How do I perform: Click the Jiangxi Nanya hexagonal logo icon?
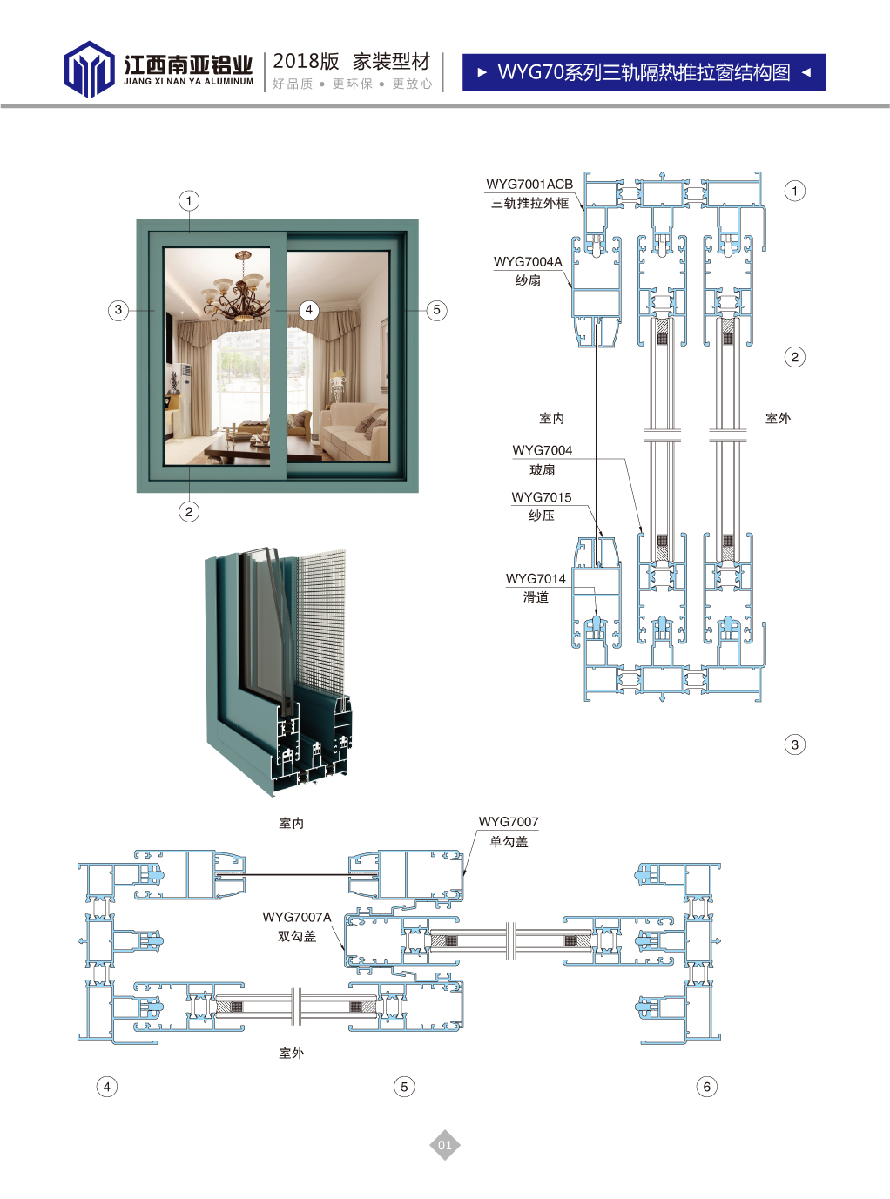pos(89,69)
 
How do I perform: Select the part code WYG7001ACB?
pos(529,185)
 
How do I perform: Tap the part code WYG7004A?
pos(528,261)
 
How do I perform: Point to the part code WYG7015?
pos(542,497)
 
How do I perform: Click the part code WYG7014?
pos(536,578)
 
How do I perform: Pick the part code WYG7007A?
pos(297,918)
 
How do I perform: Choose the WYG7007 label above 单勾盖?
pos(509,822)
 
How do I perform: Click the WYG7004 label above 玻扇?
pos(542,450)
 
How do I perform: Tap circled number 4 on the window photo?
pos(309,310)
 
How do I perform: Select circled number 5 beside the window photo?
pos(437,310)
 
